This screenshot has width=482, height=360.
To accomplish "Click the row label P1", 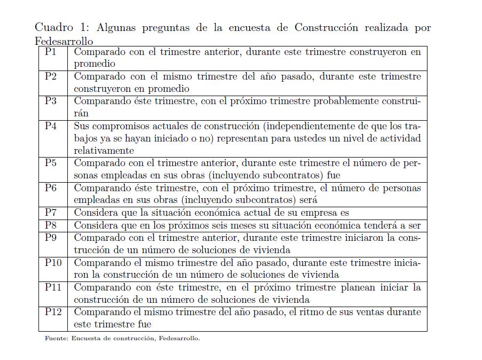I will [51, 52].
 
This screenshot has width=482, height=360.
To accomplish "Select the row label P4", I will [51, 126].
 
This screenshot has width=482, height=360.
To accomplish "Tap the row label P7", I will [51, 213].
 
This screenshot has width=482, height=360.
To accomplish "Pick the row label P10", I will [53, 262].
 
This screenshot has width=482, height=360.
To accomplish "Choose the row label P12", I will [53, 311].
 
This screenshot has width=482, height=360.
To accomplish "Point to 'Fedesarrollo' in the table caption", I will [64, 41].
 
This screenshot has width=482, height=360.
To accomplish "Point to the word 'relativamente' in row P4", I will [104, 151].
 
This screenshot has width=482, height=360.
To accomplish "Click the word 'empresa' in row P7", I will [317, 213].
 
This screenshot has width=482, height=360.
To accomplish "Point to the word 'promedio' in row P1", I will [95, 64].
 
